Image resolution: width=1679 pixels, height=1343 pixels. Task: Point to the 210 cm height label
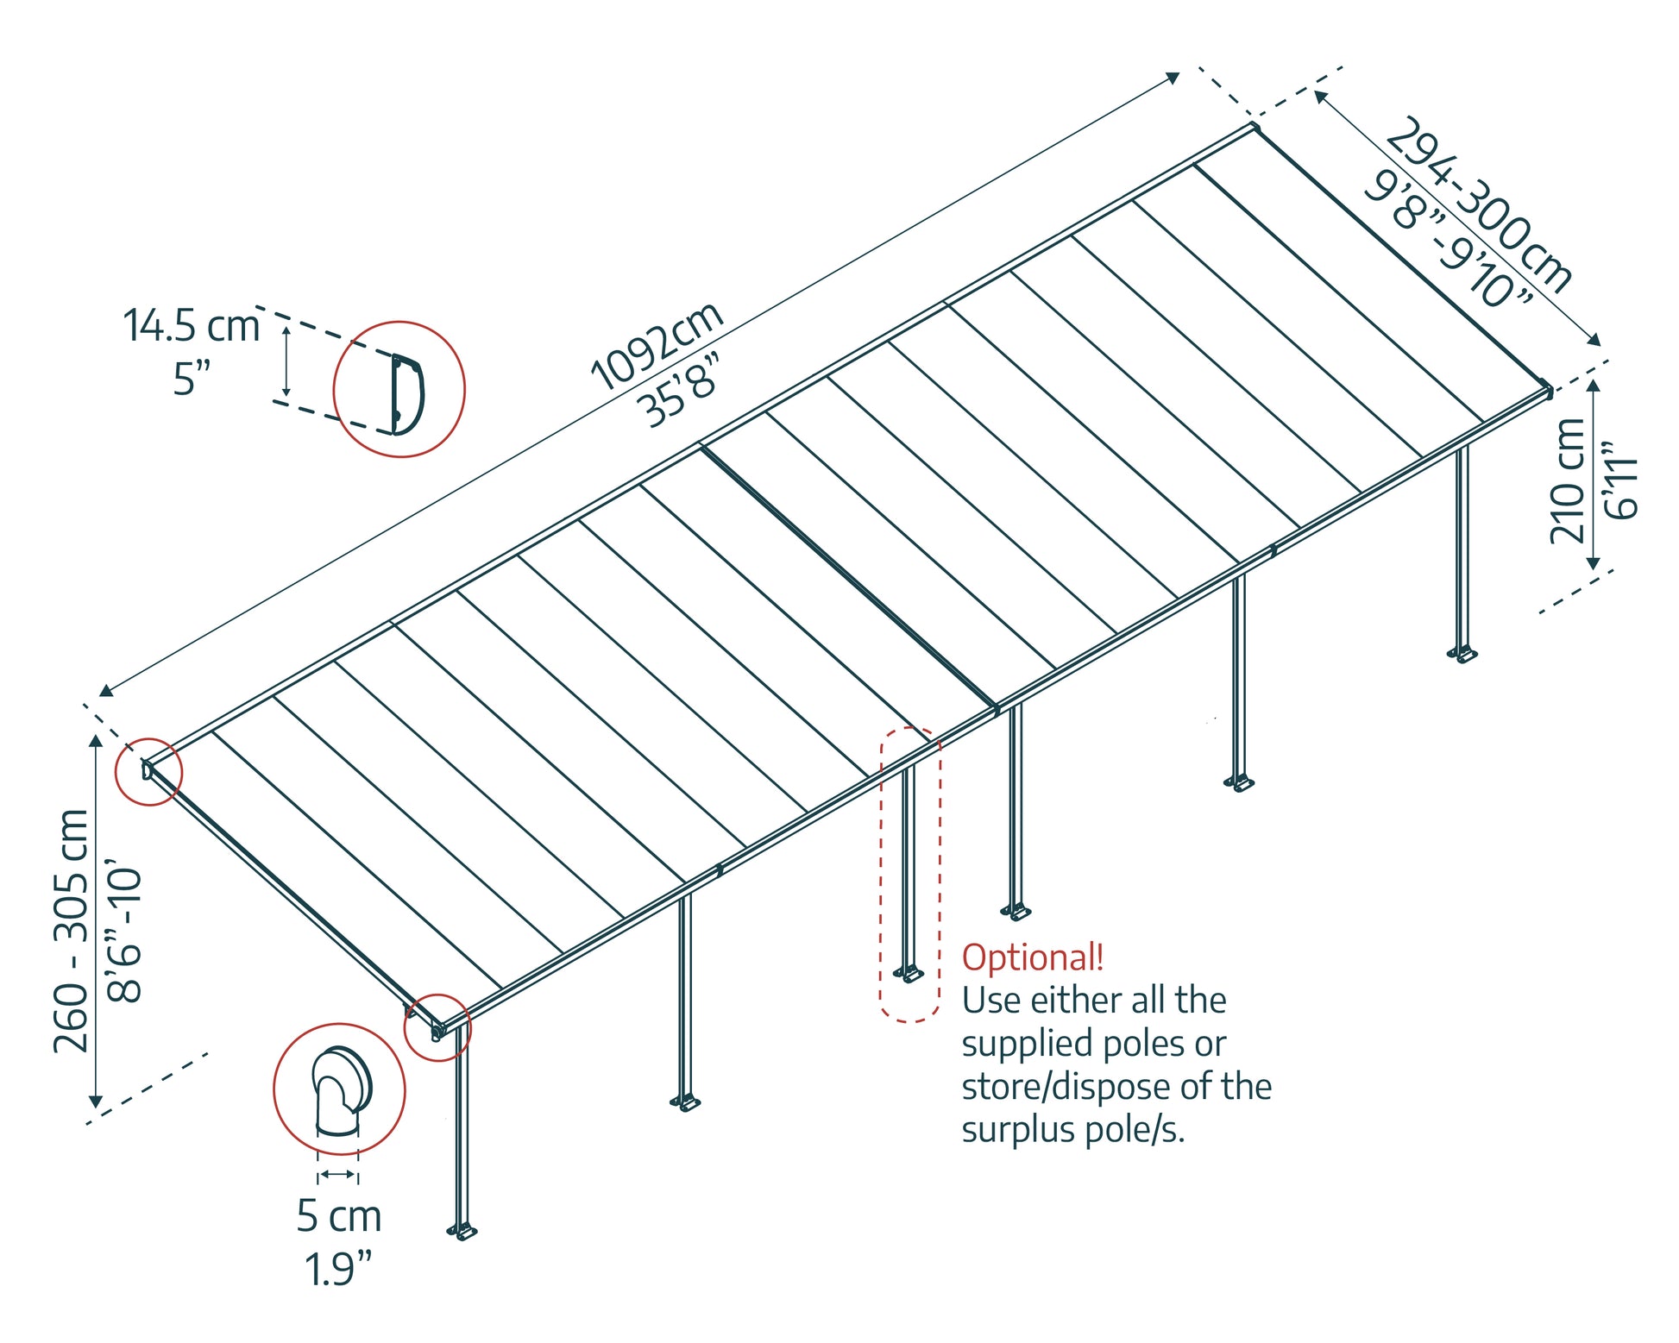click(1566, 480)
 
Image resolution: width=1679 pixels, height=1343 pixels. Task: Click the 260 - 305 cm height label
click(71, 931)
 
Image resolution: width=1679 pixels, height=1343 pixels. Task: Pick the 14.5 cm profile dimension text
click(191, 326)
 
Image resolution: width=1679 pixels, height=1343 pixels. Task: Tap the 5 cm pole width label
click(338, 1216)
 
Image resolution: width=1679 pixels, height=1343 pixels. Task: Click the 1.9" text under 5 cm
click(337, 1269)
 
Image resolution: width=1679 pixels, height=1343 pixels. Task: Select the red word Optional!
click(1032, 957)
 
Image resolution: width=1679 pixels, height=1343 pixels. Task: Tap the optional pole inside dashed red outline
click(909, 871)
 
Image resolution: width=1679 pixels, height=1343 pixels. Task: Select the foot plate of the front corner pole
click(462, 1232)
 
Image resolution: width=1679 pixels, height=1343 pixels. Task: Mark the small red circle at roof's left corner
click(149, 771)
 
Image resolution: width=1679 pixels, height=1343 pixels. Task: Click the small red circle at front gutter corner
click(437, 1027)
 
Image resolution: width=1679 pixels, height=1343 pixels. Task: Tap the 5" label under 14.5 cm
click(191, 380)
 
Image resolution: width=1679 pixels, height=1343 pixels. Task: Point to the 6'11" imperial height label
click(1620, 480)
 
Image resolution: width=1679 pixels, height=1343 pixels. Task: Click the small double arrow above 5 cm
click(337, 1174)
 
